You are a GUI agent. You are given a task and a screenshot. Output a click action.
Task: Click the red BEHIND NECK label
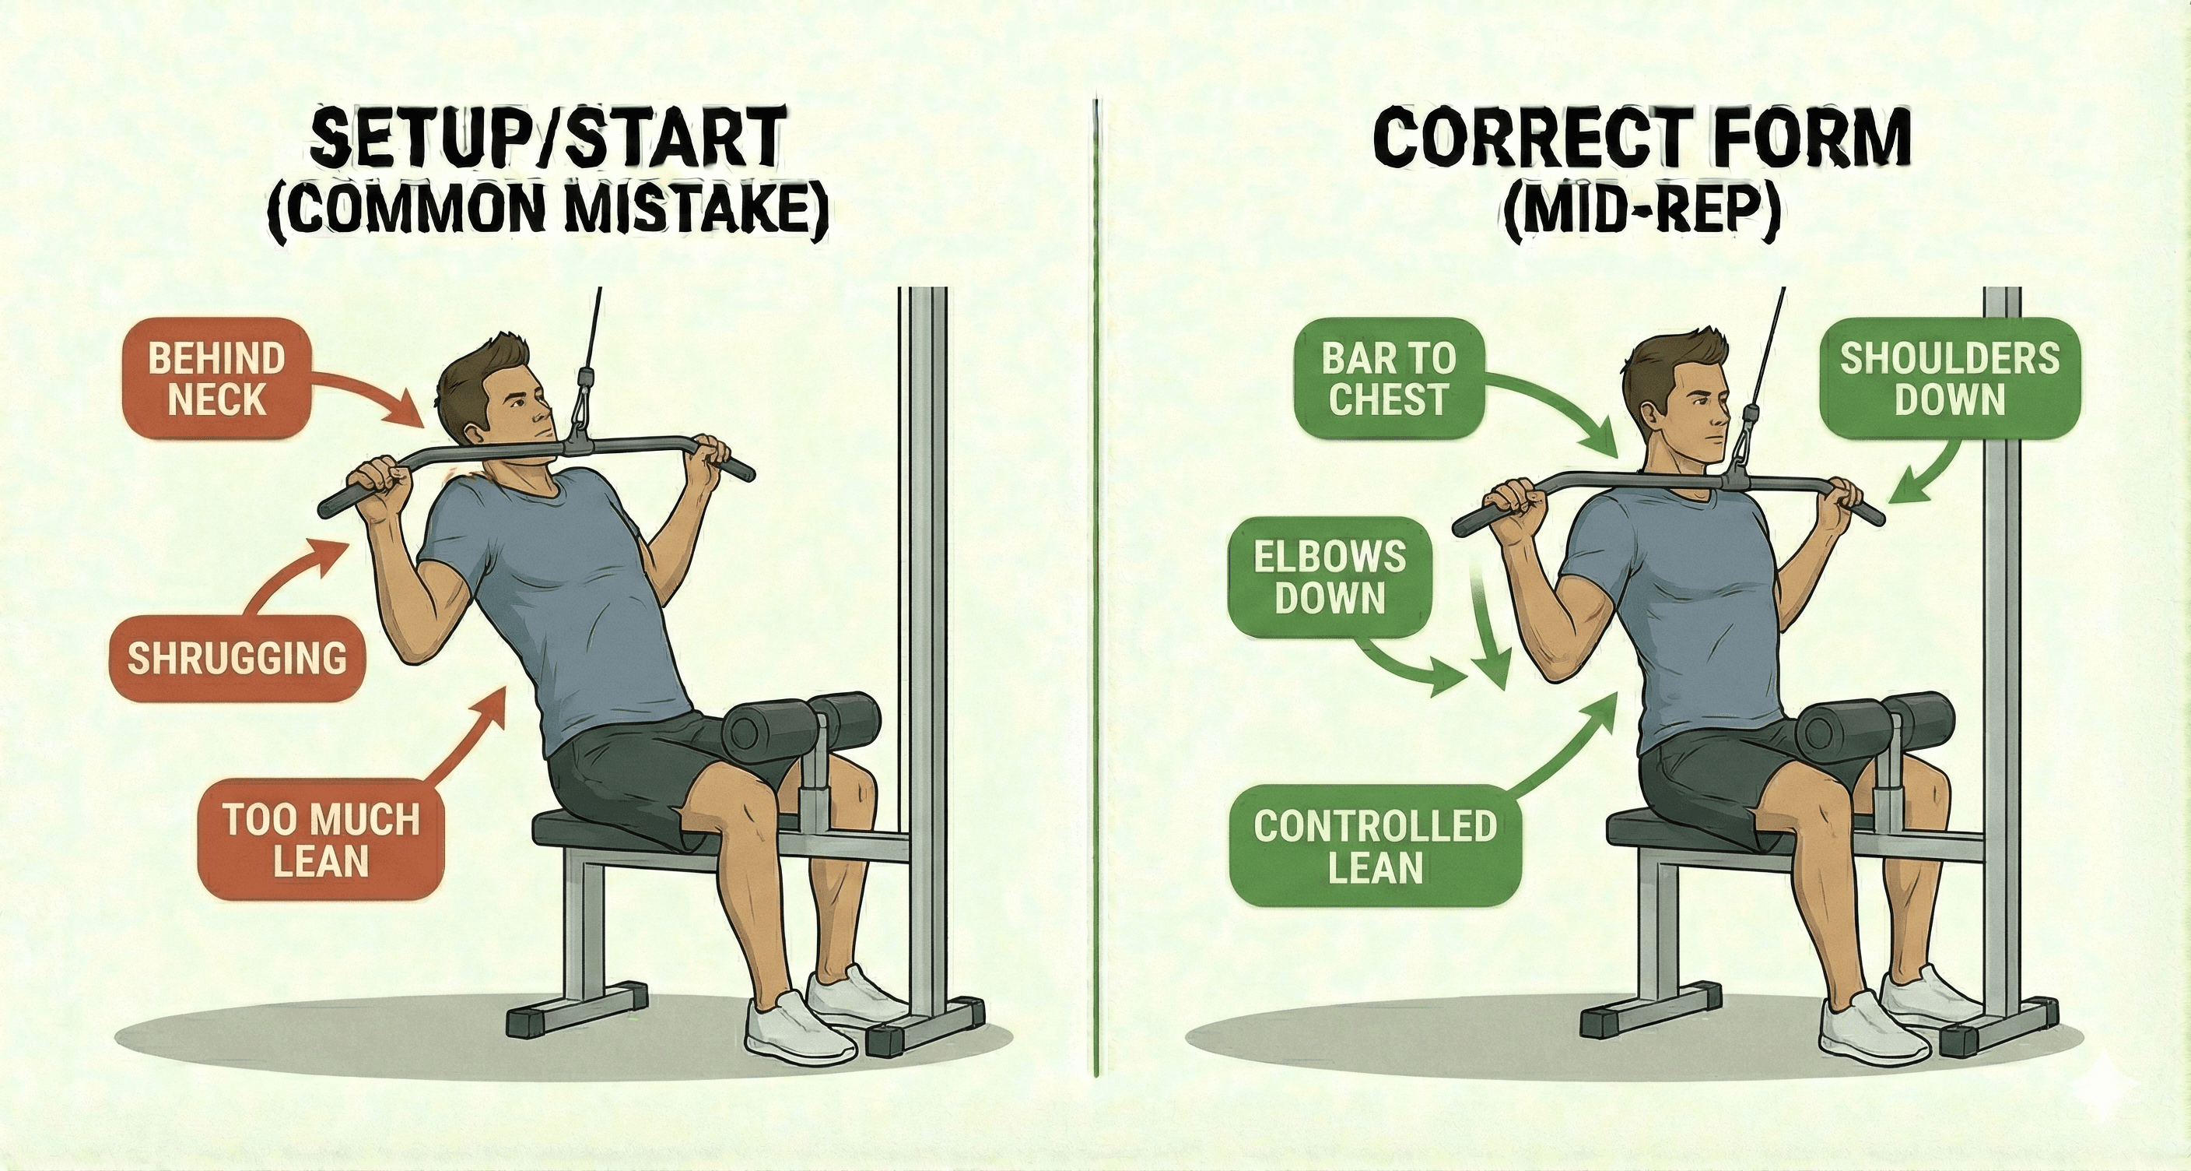pos(216,378)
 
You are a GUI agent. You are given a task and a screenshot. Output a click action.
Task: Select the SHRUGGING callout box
pos(237,659)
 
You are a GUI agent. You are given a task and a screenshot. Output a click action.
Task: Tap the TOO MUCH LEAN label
pos(321,839)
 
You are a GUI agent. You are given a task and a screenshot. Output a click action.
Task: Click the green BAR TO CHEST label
pos(1387,378)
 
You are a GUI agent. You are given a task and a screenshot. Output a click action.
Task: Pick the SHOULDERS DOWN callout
pos(1950,378)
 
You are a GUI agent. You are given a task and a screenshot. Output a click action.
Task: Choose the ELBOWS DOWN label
pos(1330,578)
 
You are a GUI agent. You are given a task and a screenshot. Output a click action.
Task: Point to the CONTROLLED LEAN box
pos(1375,847)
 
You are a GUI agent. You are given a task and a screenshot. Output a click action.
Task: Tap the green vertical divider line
pos(1096,596)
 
